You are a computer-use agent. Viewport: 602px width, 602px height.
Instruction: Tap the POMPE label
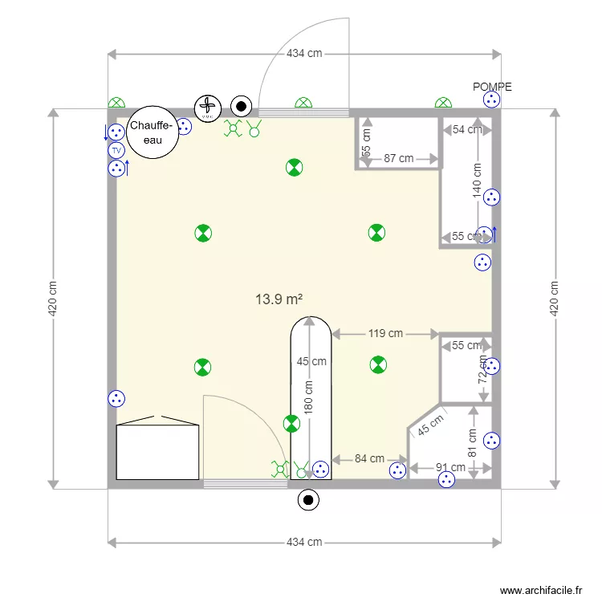(492, 87)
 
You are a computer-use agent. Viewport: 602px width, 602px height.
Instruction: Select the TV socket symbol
(116, 150)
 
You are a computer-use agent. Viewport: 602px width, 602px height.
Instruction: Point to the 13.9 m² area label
(279, 299)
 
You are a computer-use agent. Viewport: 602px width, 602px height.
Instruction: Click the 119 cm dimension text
(384, 333)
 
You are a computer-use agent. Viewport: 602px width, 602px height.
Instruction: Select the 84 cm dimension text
(369, 458)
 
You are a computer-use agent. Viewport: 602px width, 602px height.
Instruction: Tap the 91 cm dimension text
(450, 467)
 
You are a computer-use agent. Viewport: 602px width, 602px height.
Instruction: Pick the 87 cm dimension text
(398, 158)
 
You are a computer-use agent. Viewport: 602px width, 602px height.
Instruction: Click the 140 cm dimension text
(477, 181)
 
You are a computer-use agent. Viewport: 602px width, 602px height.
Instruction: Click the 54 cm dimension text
(467, 129)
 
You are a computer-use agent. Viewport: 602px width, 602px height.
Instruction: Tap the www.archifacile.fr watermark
(542, 590)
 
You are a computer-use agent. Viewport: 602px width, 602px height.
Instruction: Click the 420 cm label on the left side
(53, 298)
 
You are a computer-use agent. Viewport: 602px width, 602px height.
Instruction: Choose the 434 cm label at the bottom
(304, 542)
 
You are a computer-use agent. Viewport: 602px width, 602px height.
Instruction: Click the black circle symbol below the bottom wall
(307, 500)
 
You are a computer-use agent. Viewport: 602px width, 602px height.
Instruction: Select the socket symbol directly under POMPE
(491, 100)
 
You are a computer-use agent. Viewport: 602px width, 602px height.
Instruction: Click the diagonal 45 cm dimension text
(429, 425)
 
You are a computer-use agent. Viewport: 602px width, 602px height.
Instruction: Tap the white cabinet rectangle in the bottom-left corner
(157, 452)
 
